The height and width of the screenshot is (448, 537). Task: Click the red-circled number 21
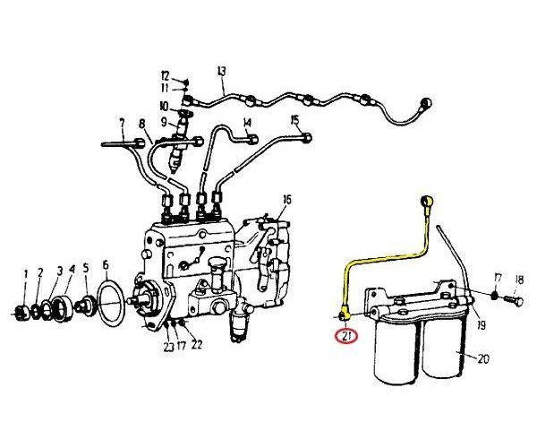[346, 337]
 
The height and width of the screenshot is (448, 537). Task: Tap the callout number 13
[222, 72]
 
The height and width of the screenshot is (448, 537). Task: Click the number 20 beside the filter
[483, 359]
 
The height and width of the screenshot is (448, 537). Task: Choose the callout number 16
[287, 200]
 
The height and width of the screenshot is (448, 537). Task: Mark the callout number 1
[25, 274]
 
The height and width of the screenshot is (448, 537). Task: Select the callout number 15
[294, 120]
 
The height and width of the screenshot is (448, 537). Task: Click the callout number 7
[122, 124]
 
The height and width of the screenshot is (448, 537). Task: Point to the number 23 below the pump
[168, 347]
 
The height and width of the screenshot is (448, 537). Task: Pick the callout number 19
[481, 325]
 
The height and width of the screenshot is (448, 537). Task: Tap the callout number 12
[165, 75]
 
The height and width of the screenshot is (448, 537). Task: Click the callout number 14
[247, 123]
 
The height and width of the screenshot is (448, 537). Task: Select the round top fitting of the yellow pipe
[428, 200]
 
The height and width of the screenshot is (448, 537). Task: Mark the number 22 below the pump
[197, 344]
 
